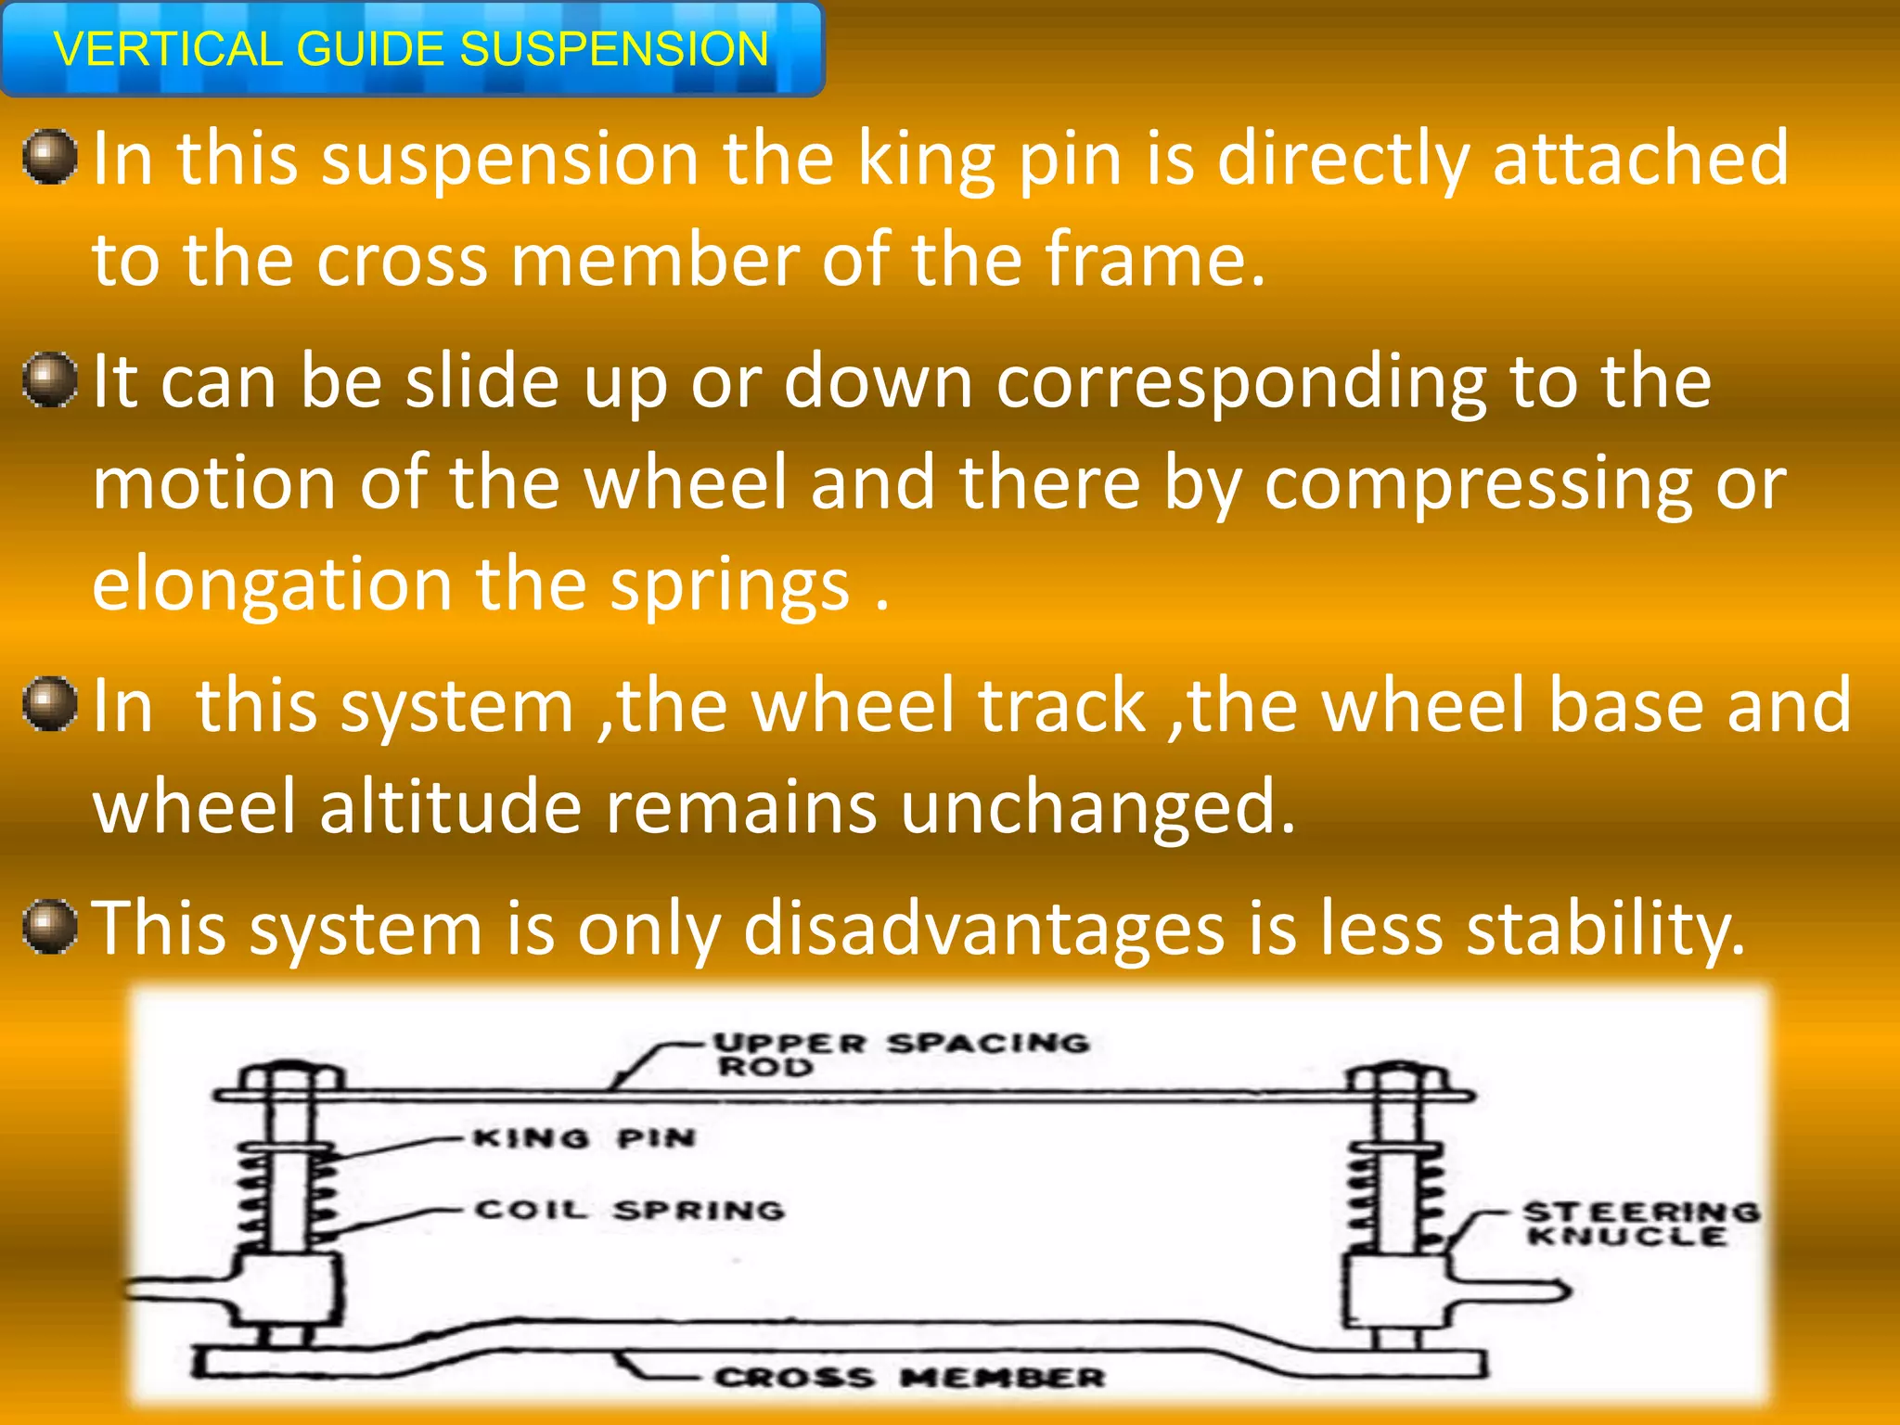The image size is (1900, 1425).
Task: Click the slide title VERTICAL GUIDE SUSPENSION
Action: [x=411, y=49]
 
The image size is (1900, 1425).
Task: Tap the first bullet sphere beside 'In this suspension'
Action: [x=50, y=157]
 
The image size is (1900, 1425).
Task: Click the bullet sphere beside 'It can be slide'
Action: [x=50, y=379]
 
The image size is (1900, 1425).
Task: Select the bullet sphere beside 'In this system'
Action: [x=50, y=703]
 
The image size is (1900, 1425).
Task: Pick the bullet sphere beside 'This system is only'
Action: [x=50, y=926]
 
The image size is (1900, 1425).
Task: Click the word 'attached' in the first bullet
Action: [x=1640, y=159]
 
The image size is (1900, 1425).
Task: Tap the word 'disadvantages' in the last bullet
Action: [x=983, y=928]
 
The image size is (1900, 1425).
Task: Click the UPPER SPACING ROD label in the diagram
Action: [x=900, y=1054]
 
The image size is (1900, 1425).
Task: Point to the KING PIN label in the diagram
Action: [x=584, y=1138]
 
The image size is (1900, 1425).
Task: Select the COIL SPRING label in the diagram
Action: [x=630, y=1210]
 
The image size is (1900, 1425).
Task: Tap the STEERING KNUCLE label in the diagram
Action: [x=1639, y=1224]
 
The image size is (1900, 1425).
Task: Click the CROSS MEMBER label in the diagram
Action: [x=909, y=1377]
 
